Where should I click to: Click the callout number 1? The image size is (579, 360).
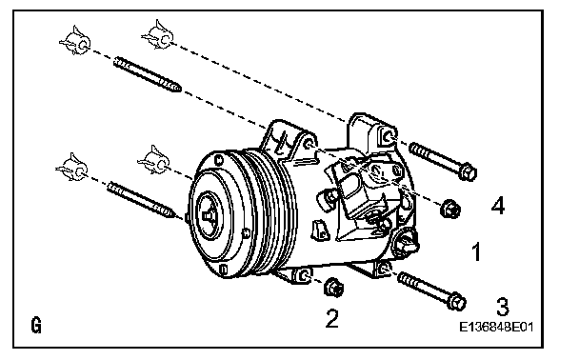[x=477, y=251]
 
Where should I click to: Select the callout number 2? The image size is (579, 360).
[x=331, y=318]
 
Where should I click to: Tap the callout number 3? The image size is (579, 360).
[x=502, y=307]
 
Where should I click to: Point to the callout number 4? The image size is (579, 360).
[x=498, y=206]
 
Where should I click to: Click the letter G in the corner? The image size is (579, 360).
[x=36, y=326]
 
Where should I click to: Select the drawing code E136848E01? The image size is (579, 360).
[x=496, y=327]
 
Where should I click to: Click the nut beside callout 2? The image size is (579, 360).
[x=333, y=287]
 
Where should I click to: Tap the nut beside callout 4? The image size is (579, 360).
[x=450, y=209]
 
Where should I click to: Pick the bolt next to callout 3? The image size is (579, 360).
[x=431, y=290]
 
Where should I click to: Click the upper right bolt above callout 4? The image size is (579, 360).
[x=443, y=161]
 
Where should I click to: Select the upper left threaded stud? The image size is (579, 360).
[x=148, y=74]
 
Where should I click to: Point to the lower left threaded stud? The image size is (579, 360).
[x=141, y=199]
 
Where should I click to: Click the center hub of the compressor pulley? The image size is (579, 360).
[x=208, y=213]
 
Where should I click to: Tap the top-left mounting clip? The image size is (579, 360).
[x=75, y=41]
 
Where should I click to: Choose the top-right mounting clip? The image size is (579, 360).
[x=158, y=35]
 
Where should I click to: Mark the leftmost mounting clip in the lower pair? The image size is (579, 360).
[x=72, y=168]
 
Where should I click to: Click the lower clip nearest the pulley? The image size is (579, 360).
[x=154, y=160]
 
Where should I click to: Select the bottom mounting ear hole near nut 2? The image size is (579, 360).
[x=304, y=275]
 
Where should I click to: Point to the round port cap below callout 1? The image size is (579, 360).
[x=406, y=243]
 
